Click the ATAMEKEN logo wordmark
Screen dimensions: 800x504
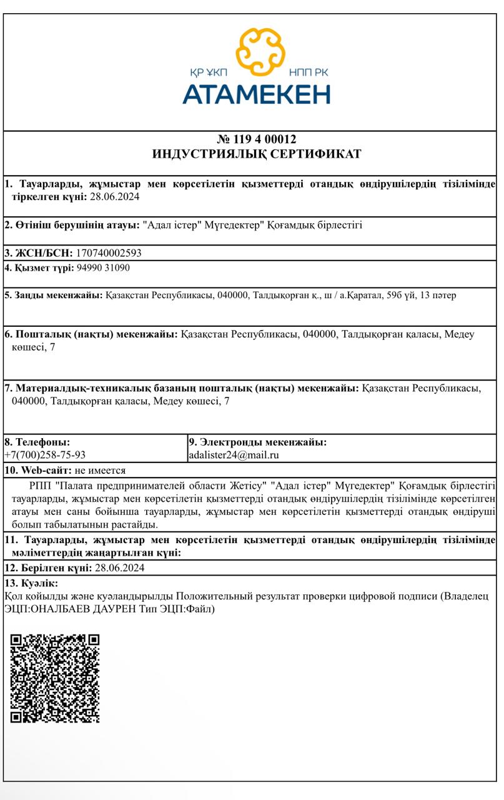256,94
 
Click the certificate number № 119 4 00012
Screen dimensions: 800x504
257,139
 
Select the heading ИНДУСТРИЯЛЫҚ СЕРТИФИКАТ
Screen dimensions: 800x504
257,154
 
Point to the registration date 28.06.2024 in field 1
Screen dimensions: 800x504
114,197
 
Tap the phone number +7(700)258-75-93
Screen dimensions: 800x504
45,455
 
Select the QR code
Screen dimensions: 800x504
55,678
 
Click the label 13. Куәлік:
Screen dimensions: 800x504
31,583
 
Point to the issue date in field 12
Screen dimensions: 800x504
117,567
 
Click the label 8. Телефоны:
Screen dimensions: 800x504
37,442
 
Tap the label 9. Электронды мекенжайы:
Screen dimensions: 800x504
257,442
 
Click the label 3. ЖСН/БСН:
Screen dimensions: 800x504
39,253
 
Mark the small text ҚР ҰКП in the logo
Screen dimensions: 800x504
209,72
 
